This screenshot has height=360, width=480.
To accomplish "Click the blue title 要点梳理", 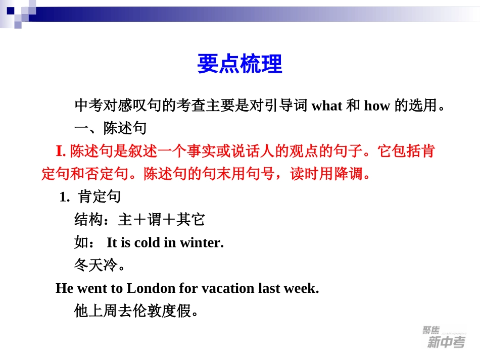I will [239, 64].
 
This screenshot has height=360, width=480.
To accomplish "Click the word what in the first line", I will [327, 106].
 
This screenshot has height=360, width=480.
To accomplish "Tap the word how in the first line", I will [377, 106].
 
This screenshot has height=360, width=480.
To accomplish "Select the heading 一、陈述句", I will [110, 128].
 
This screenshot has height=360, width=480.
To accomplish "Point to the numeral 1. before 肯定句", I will [64, 197].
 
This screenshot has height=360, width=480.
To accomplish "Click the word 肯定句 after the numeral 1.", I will [100, 197].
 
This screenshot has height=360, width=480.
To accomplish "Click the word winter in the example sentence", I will [201, 243].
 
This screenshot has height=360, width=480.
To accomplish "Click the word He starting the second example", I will [65, 288].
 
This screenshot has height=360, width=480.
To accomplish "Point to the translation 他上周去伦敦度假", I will [132, 311].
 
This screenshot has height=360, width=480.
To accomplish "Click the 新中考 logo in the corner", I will [445, 338].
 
